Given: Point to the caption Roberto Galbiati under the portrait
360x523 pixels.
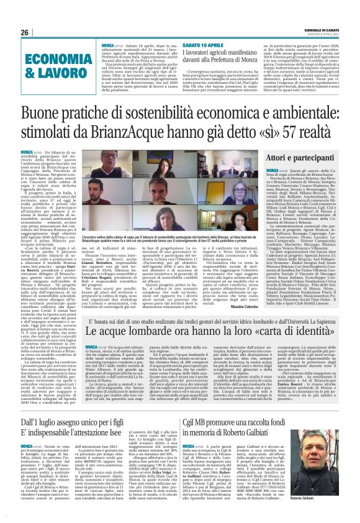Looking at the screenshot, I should tap(329, 481).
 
